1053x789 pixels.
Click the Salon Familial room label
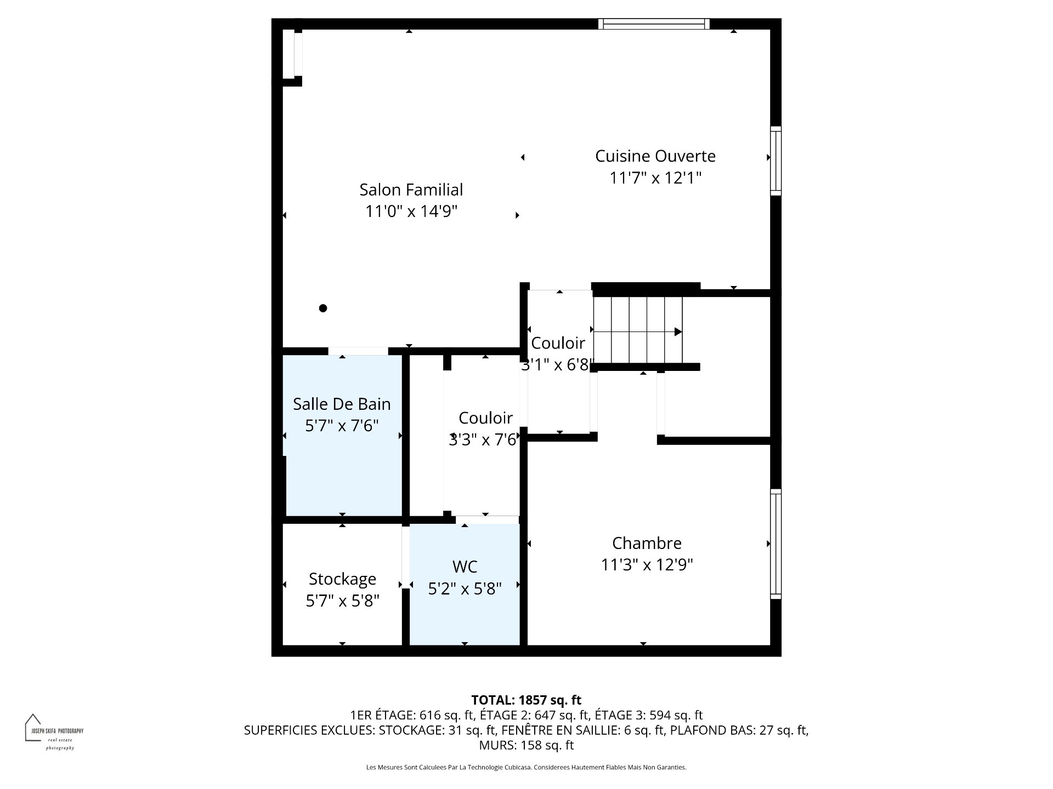click(411, 190)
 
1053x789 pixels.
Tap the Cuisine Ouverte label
click(655, 156)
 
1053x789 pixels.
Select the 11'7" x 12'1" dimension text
click(655, 178)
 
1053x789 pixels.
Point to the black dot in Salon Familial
click(323, 308)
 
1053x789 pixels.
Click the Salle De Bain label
click(342, 404)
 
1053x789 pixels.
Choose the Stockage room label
click(342, 579)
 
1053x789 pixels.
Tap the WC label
click(465, 566)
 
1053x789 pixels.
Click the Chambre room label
click(647, 543)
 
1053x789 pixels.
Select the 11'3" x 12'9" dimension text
click(647, 565)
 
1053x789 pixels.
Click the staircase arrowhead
click(678, 331)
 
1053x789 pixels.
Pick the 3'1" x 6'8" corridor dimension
click(558, 365)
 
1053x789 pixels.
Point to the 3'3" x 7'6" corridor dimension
click(483, 439)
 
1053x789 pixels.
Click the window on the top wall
click(654, 24)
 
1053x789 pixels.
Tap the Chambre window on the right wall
click(775, 544)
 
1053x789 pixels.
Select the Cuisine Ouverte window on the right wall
click(775, 161)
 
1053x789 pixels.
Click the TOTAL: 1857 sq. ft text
click(526, 700)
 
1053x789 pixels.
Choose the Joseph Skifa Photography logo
click(54, 732)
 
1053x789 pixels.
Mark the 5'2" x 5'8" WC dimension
click(465, 588)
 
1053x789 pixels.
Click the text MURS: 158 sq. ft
click(526, 745)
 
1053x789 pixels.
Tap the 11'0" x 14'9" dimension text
click(411, 211)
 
